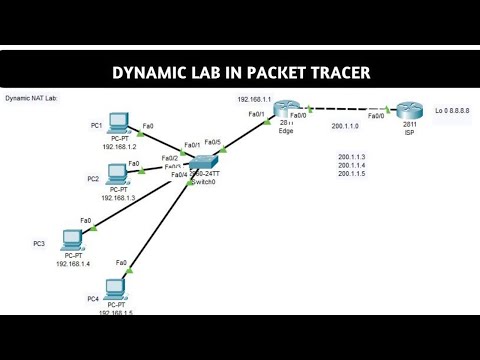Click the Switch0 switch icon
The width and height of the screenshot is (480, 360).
tap(205, 162)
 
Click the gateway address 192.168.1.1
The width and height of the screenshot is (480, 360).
tap(255, 100)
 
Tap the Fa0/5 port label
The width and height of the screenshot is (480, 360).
tap(212, 141)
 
